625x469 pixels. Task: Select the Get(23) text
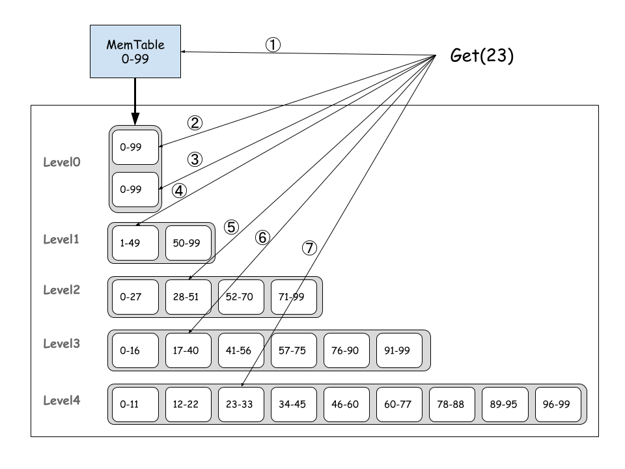482,56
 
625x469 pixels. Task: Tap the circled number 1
273,44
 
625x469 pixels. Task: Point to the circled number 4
179,191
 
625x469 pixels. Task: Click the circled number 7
309,248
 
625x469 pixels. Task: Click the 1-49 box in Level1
135,242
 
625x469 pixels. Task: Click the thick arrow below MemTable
135,101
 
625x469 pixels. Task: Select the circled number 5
231,227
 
